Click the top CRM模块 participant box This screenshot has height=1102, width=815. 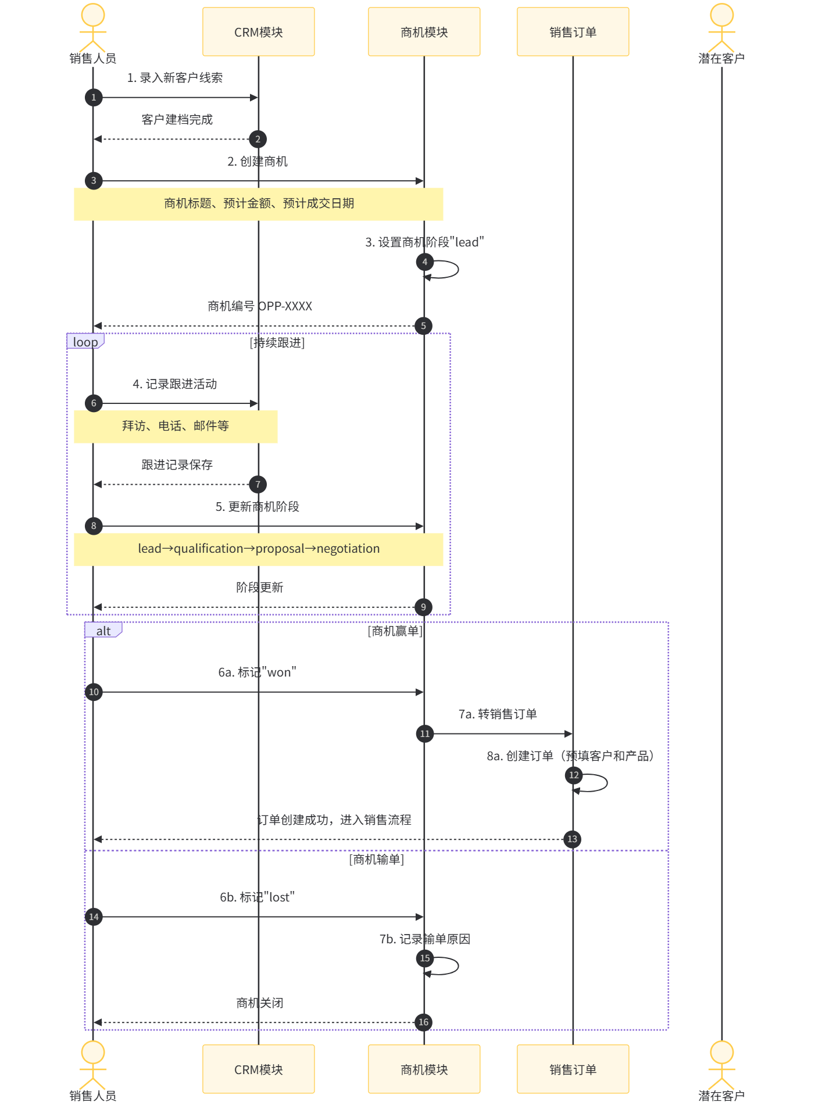click(259, 32)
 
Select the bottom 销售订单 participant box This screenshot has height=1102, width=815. click(573, 1069)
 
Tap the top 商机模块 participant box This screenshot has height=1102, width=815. click(424, 32)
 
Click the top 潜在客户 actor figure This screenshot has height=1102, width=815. click(722, 28)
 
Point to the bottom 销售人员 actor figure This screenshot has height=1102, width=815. click(93, 1065)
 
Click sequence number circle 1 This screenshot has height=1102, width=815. click(94, 98)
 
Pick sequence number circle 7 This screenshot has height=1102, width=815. click(258, 484)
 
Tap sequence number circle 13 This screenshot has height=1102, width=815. click(573, 839)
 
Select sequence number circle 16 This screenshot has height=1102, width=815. click(424, 1022)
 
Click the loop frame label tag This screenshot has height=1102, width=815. click(85, 341)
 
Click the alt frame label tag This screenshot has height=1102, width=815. click(103, 630)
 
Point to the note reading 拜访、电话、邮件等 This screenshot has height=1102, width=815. click(176, 427)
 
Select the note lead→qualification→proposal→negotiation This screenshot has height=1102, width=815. click(259, 549)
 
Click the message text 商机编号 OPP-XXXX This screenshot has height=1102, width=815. click(260, 306)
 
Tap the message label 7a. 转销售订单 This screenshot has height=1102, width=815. click(498, 714)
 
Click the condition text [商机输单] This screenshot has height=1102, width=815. click(377, 859)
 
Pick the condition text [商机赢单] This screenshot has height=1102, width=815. click(395, 631)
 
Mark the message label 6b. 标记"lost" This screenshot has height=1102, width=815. click(258, 897)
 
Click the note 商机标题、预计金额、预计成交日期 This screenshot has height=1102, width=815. click(259, 204)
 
